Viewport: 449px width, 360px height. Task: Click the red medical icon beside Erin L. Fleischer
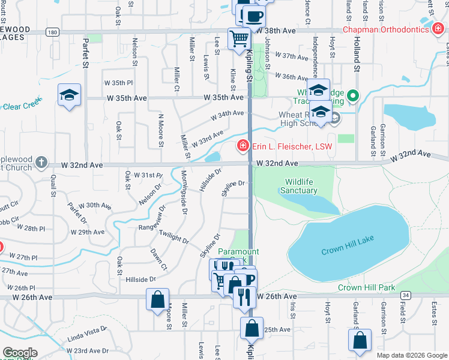[x=243, y=145]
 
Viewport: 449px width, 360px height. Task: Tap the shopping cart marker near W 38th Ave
[x=240, y=39]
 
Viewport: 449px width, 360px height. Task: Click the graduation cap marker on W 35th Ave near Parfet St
[x=70, y=95]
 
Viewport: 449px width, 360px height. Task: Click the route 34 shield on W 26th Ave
[x=406, y=295]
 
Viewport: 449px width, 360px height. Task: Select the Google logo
[x=20, y=353]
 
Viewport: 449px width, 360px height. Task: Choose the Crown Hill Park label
[x=366, y=287]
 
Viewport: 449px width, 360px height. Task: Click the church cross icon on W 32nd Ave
[x=41, y=163]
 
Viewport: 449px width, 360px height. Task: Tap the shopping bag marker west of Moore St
[x=157, y=299]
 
